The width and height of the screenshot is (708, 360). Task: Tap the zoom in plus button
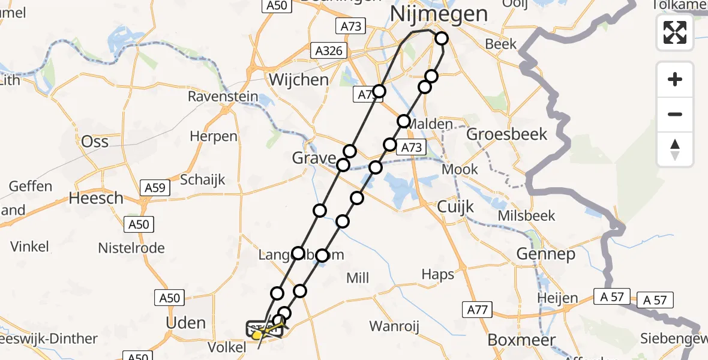tap(675, 79)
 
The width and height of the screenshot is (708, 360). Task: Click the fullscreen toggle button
tap(675, 32)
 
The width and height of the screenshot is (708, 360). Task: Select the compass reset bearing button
tap(675, 149)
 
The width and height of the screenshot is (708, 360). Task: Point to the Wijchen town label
tap(299, 80)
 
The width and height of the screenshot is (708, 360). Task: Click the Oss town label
tap(95, 141)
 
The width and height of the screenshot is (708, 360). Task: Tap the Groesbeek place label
tap(507, 134)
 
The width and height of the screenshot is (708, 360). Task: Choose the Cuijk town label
tap(455, 206)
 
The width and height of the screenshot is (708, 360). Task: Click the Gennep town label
tap(546, 254)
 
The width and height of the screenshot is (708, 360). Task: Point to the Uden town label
tap(185, 323)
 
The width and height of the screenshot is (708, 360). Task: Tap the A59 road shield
tap(154, 188)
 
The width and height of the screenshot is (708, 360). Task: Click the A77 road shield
tap(478, 310)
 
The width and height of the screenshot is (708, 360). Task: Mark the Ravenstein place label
tap(223, 97)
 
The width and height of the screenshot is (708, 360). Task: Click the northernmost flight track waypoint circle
tap(442, 38)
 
